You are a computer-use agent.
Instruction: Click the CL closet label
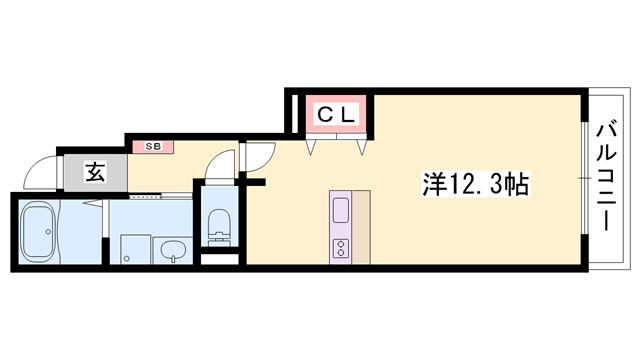tap(336, 115)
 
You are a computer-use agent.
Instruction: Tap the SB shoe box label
tap(153, 146)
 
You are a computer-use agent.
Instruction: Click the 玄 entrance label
tap(93, 173)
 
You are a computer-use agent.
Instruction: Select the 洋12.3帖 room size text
tap(476, 184)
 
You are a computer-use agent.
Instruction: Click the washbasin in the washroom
tap(172, 249)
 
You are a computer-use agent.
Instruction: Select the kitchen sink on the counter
tap(339, 210)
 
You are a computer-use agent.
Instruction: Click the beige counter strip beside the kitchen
tap(361, 226)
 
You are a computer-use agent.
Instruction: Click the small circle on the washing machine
tap(125, 259)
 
